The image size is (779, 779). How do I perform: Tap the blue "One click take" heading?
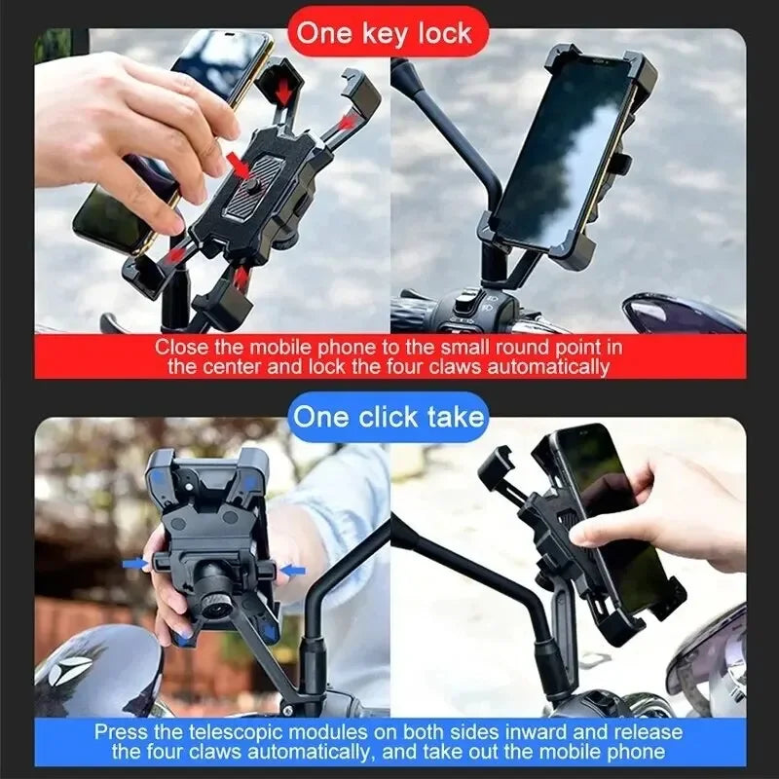coord(389,417)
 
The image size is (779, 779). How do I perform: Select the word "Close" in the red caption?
coord(180,347)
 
